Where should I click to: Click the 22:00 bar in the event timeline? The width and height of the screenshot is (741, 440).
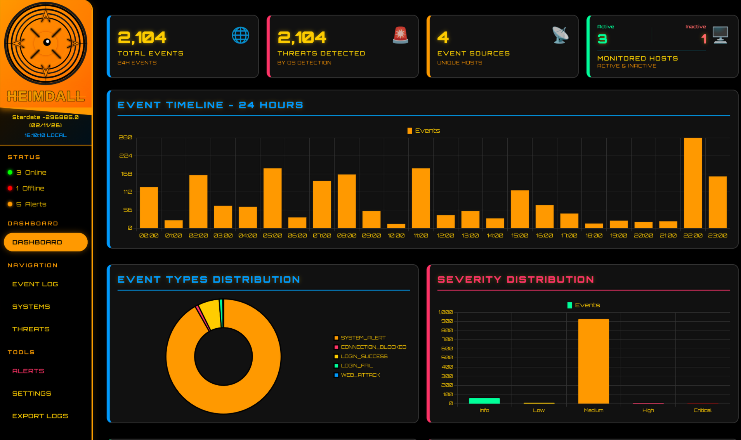tap(692, 183)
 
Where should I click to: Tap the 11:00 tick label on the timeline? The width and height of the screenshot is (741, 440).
tap(421, 236)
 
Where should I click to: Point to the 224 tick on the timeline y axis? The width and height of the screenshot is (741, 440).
tap(125, 156)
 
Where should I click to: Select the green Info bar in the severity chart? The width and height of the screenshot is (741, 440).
tap(484, 401)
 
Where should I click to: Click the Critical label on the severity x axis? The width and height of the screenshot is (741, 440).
tap(702, 410)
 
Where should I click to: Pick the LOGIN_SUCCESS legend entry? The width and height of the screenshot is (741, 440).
tap(364, 356)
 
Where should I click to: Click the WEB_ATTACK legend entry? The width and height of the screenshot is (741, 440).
tap(360, 375)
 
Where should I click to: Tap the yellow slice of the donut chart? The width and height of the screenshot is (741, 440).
tap(211, 314)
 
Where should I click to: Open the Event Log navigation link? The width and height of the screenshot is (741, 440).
tap(35, 284)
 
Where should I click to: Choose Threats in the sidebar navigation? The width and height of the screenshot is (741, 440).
tap(31, 329)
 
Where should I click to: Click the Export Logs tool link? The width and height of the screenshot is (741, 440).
tap(40, 416)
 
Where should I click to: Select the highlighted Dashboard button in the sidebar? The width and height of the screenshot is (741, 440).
tap(45, 242)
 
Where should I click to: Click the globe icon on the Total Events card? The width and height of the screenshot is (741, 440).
tap(240, 35)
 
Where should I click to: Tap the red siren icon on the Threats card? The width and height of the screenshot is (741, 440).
tap(400, 35)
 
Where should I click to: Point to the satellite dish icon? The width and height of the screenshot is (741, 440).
tap(560, 35)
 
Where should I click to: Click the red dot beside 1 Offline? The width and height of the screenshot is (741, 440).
tap(10, 188)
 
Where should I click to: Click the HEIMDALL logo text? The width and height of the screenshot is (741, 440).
tap(46, 96)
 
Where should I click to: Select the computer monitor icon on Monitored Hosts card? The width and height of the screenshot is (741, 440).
tap(720, 35)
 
